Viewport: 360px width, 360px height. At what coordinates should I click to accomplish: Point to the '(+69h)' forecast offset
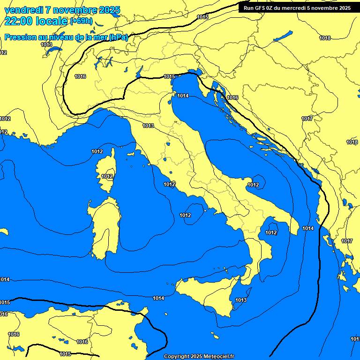81,21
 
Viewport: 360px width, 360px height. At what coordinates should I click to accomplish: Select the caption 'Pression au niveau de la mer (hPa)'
66,37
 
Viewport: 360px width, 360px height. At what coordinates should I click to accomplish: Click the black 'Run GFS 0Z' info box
297,7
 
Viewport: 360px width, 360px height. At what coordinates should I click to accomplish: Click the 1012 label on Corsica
107,176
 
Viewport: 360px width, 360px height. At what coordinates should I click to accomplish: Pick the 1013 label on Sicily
241,300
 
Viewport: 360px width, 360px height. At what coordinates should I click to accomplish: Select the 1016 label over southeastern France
80,76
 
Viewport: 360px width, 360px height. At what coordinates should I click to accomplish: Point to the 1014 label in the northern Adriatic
183,96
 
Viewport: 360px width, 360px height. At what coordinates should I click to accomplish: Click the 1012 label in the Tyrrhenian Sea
185,215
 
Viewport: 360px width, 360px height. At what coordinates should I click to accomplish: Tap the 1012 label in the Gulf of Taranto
271,232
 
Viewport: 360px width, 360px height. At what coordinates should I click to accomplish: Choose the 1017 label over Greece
347,241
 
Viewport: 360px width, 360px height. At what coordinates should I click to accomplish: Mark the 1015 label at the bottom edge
66,354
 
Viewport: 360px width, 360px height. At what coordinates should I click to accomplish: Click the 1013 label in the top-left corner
46,45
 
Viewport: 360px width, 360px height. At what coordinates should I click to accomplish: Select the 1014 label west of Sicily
158,298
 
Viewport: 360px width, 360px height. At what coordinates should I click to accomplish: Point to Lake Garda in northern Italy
139,71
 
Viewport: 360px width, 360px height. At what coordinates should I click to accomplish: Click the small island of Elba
132,153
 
